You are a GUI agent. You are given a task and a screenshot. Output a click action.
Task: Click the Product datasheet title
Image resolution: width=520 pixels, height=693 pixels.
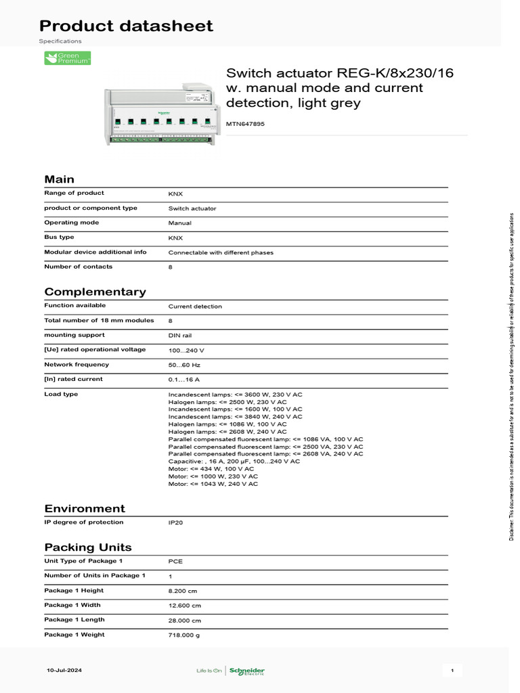tap(126, 26)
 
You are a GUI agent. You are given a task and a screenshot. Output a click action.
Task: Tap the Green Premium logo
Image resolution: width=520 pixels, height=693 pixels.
tap(67, 58)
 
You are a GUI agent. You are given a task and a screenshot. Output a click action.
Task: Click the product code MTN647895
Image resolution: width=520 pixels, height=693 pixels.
tap(245, 125)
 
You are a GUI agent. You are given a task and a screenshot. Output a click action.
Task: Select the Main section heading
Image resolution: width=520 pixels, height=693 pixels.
tap(59, 179)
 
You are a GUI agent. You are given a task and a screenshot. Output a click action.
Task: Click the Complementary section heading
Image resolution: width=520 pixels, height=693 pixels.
tap(95, 292)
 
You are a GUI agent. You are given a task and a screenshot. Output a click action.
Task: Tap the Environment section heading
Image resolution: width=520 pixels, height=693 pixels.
tap(85, 508)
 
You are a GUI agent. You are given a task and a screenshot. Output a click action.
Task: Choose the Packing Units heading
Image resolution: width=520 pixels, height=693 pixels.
tap(88, 547)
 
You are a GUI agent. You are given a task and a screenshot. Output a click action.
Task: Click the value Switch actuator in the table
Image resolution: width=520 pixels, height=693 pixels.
tap(192, 208)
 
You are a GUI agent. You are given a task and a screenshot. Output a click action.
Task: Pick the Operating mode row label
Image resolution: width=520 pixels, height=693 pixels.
tap(71, 223)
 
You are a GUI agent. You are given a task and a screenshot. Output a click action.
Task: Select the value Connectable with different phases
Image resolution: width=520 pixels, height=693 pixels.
tap(221, 252)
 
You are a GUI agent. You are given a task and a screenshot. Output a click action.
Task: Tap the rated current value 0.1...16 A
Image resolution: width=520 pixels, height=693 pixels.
tap(184, 380)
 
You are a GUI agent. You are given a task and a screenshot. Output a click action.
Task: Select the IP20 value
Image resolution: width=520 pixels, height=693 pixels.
tap(175, 523)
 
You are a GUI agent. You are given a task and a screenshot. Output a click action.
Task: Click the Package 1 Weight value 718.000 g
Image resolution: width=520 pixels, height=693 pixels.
tap(184, 635)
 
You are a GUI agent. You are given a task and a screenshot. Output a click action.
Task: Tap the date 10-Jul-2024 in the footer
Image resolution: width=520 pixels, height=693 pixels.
tap(64, 670)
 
